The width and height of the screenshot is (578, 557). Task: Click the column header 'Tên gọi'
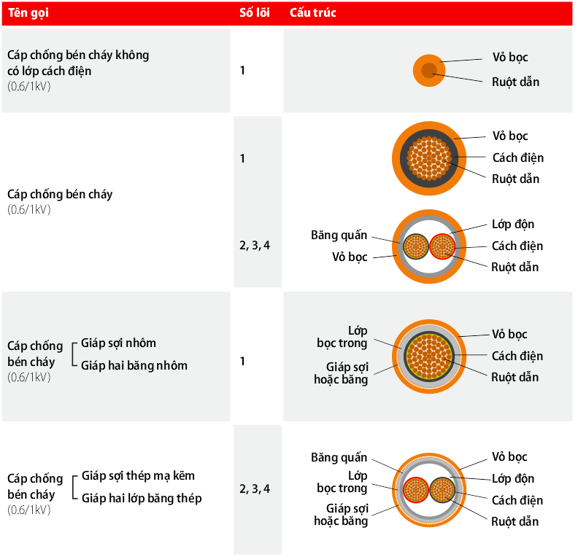[x=28, y=13]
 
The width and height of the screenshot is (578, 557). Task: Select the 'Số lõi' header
[x=255, y=12]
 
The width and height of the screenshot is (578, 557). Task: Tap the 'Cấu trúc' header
[x=312, y=12]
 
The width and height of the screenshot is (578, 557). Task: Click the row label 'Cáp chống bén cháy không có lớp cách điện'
[x=78, y=63]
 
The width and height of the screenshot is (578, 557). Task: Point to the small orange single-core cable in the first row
[x=428, y=70]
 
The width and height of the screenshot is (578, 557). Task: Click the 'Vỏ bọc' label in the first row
[x=510, y=58]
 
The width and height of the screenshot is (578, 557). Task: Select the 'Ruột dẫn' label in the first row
[x=515, y=82]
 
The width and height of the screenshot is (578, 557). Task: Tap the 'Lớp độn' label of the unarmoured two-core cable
[x=513, y=225]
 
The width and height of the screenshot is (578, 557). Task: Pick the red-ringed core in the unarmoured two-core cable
[x=442, y=246]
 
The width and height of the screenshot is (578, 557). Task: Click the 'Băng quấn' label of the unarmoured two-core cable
[x=339, y=235]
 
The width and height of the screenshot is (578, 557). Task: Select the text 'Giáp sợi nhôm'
[x=118, y=343]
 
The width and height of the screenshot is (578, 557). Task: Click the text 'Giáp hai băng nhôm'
[x=134, y=365]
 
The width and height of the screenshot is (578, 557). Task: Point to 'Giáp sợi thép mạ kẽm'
[x=138, y=475]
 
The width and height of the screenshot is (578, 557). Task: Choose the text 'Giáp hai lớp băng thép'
[x=142, y=498]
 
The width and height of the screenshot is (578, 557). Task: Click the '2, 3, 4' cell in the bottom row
[x=255, y=489]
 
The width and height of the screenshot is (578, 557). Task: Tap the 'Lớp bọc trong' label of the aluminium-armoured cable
[x=342, y=337]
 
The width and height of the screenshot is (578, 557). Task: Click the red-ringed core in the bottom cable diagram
[x=416, y=490]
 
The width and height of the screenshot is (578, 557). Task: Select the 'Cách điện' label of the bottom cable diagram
[x=517, y=500]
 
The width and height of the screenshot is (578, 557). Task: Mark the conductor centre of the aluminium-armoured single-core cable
[x=429, y=357]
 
